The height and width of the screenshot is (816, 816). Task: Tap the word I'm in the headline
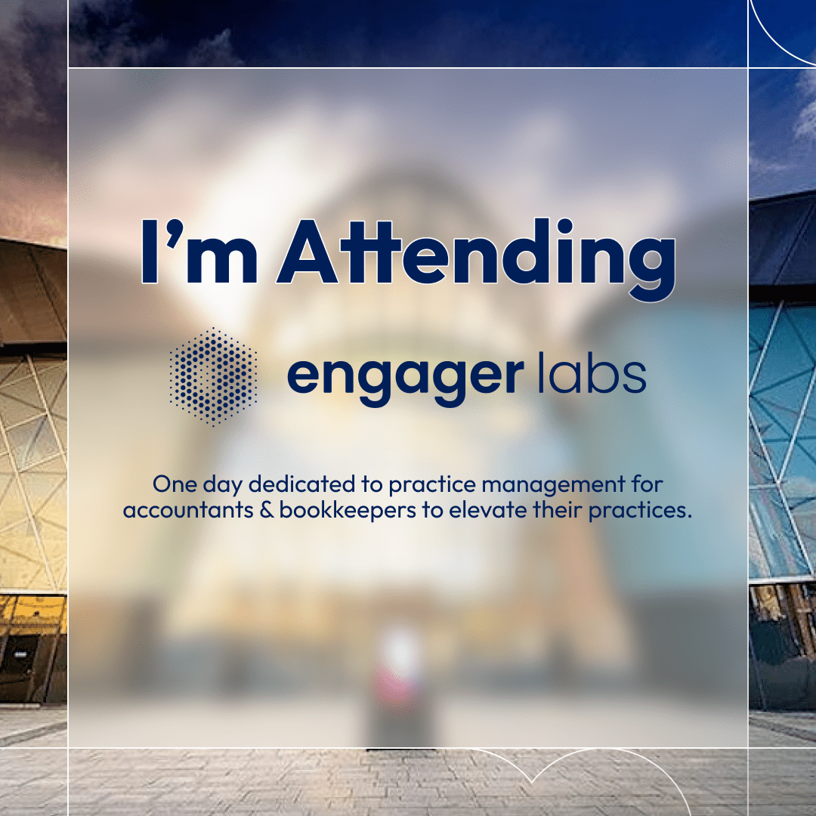tap(199, 252)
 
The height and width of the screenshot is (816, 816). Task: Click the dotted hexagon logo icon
tap(213, 376)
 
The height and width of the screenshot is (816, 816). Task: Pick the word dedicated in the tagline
tap(301, 484)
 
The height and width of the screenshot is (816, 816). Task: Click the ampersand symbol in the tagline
tap(267, 510)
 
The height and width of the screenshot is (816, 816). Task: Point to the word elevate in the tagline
tap(488, 510)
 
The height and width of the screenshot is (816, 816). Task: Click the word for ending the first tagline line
tap(648, 484)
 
